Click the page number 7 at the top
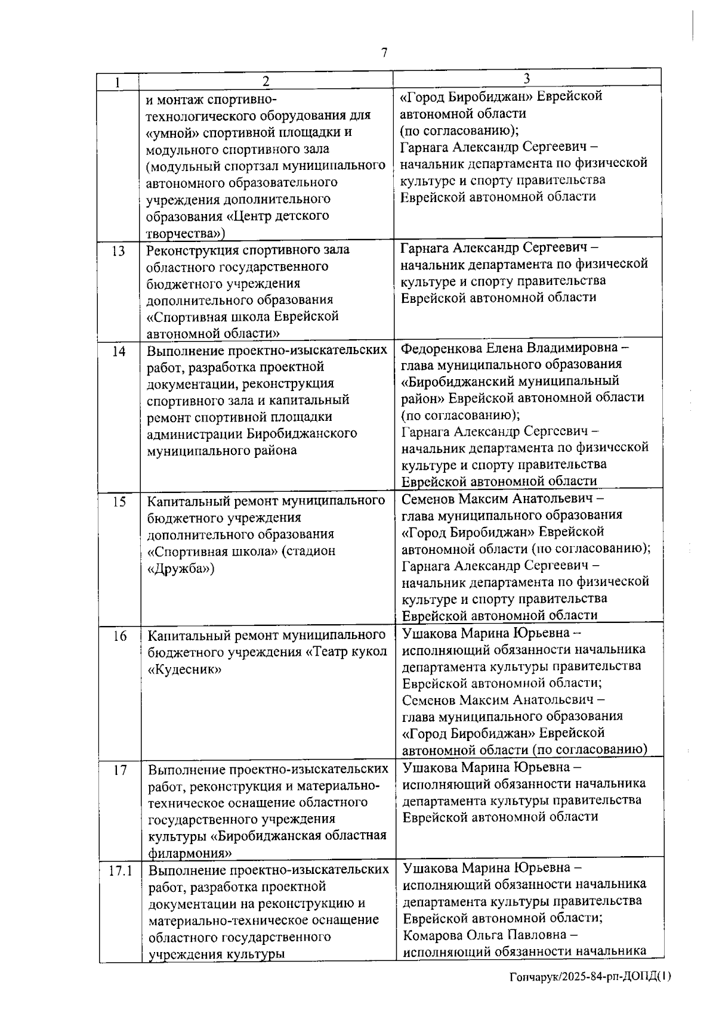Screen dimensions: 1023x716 tap(384, 52)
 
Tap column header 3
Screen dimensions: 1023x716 tap(526, 78)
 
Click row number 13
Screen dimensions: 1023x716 tap(118, 251)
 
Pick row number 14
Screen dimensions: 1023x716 tap(119, 351)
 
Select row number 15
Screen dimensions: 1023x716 tap(119, 501)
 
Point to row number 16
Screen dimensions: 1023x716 tap(119, 636)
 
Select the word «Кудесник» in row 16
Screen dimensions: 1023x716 tap(184, 669)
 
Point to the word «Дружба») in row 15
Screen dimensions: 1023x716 tap(181, 568)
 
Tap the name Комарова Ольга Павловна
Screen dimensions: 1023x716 tap(486, 935)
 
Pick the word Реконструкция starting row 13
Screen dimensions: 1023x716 tap(188, 250)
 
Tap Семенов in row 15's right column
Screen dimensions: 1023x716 tap(428, 498)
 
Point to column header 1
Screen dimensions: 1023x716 tap(118, 82)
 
